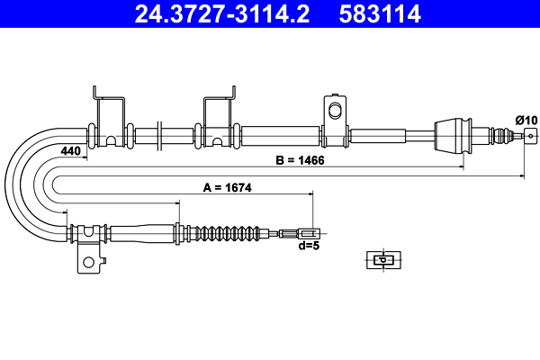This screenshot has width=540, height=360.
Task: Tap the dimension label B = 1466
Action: pos(300,161)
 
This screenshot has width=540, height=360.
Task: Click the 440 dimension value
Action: pos(71,151)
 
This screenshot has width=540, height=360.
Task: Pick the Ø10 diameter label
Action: pos(525,119)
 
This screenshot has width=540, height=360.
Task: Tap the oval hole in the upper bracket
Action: pos(335,111)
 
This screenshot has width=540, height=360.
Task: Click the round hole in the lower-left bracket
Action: pos(88,264)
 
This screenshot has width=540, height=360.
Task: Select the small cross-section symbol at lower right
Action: pos(382,260)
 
